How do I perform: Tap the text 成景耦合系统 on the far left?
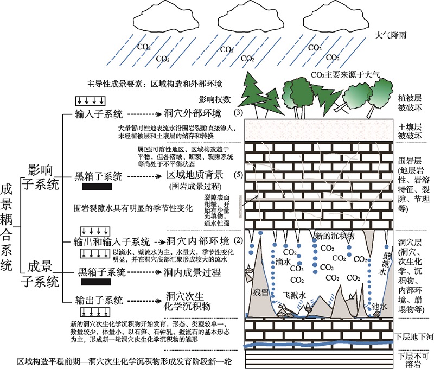8,227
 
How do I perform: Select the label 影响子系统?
39,177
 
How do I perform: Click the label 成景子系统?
39,273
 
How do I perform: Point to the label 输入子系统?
100,114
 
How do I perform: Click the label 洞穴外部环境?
193,114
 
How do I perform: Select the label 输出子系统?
100,300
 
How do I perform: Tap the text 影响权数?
215,100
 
